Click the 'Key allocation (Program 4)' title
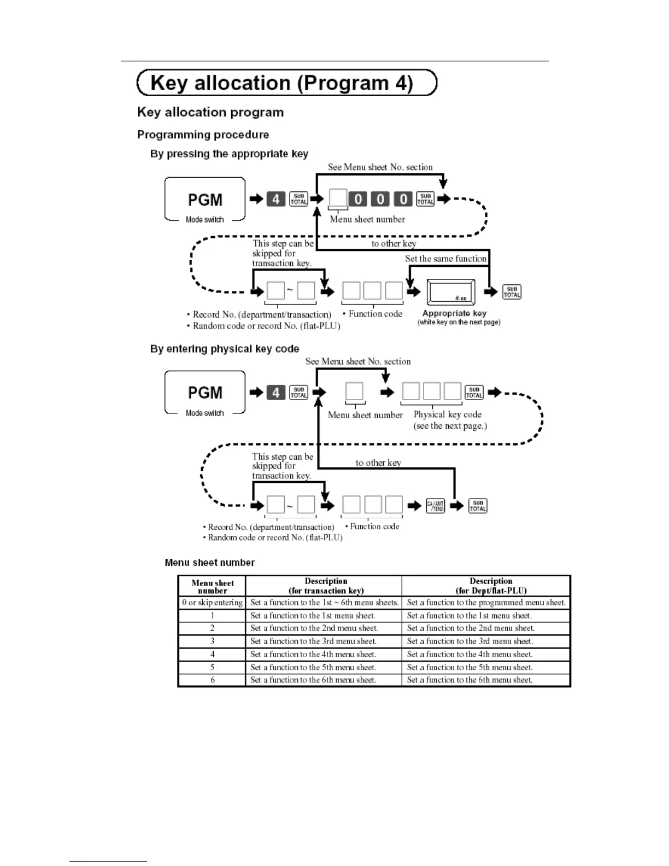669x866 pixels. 281,83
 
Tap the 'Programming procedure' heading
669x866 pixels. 203,134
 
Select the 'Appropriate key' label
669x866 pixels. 454,313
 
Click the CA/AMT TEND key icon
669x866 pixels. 435,506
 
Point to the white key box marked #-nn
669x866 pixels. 451,292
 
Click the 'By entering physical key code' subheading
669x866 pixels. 225,349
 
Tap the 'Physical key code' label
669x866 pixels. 447,414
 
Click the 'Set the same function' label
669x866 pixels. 445,259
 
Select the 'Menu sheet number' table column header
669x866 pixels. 212,587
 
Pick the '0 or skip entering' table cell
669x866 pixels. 212,602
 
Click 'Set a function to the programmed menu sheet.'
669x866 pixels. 486,602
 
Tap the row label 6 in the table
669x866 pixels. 212,680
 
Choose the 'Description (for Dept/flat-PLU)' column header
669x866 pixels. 491,586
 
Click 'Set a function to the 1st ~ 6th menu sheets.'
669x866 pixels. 324,602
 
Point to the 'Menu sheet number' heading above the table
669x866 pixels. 209,563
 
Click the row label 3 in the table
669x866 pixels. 212,641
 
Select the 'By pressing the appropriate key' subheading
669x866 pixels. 229,154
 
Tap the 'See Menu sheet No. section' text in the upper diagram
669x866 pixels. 380,167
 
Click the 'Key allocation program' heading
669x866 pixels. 210,112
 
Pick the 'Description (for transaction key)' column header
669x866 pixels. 326,586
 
